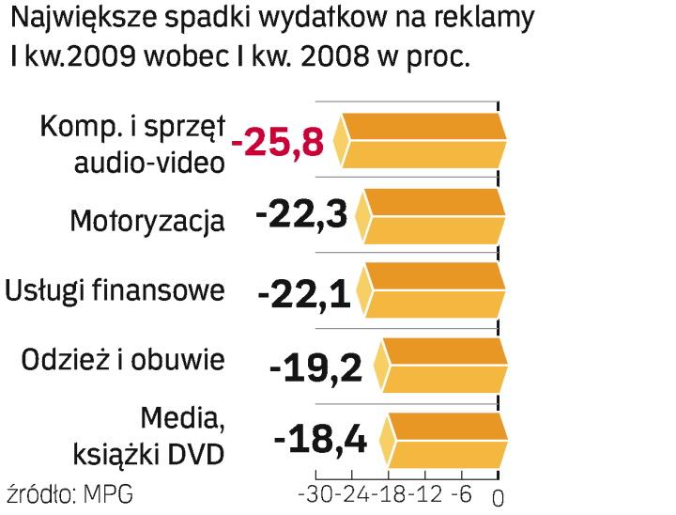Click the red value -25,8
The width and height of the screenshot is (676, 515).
[282, 142]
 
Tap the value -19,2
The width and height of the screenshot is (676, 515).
[315, 367]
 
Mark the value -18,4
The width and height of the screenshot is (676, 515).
[319, 440]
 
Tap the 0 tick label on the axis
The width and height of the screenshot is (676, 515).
[498, 495]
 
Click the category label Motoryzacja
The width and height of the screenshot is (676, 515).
[147, 222]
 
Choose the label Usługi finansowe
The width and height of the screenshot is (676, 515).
[115, 290]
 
